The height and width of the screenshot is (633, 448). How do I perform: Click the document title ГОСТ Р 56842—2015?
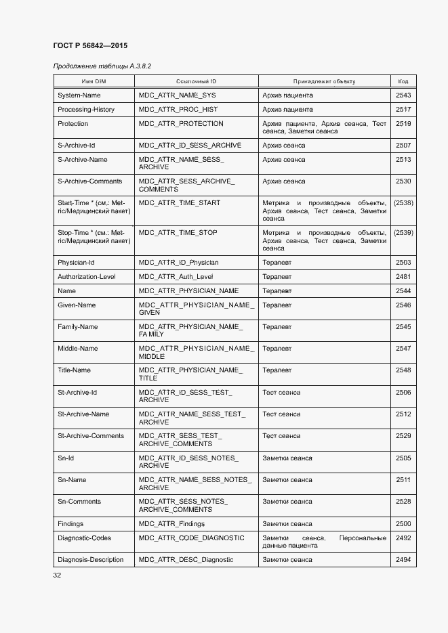click(x=90, y=45)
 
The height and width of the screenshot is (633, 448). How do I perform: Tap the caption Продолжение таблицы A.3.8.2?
click(x=102, y=66)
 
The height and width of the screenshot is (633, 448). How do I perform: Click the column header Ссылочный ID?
click(x=196, y=81)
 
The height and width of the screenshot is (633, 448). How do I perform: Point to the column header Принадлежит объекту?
click(x=324, y=81)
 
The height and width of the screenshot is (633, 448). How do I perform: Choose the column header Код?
click(x=403, y=81)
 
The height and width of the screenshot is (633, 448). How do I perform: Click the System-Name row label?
click(x=79, y=95)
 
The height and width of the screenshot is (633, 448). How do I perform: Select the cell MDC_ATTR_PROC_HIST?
click(x=178, y=110)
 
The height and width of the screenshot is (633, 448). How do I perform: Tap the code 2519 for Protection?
click(x=403, y=124)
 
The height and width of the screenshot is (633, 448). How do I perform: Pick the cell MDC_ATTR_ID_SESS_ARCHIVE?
click(x=190, y=146)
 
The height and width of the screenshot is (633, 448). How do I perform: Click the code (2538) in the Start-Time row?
click(x=403, y=203)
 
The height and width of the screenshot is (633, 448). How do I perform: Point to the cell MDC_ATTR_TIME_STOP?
click(x=178, y=233)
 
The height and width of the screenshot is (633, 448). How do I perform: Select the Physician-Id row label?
click(x=76, y=263)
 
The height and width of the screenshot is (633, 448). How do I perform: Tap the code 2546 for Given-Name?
click(x=403, y=305)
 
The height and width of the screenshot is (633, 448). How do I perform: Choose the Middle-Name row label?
click(x=78, y=349)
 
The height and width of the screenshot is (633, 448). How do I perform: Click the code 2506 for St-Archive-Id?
click(x=403, y=393)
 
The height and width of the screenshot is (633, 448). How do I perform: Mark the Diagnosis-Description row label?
click(x=91, y=560)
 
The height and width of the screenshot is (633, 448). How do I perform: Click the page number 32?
click(x=57, y=575)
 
